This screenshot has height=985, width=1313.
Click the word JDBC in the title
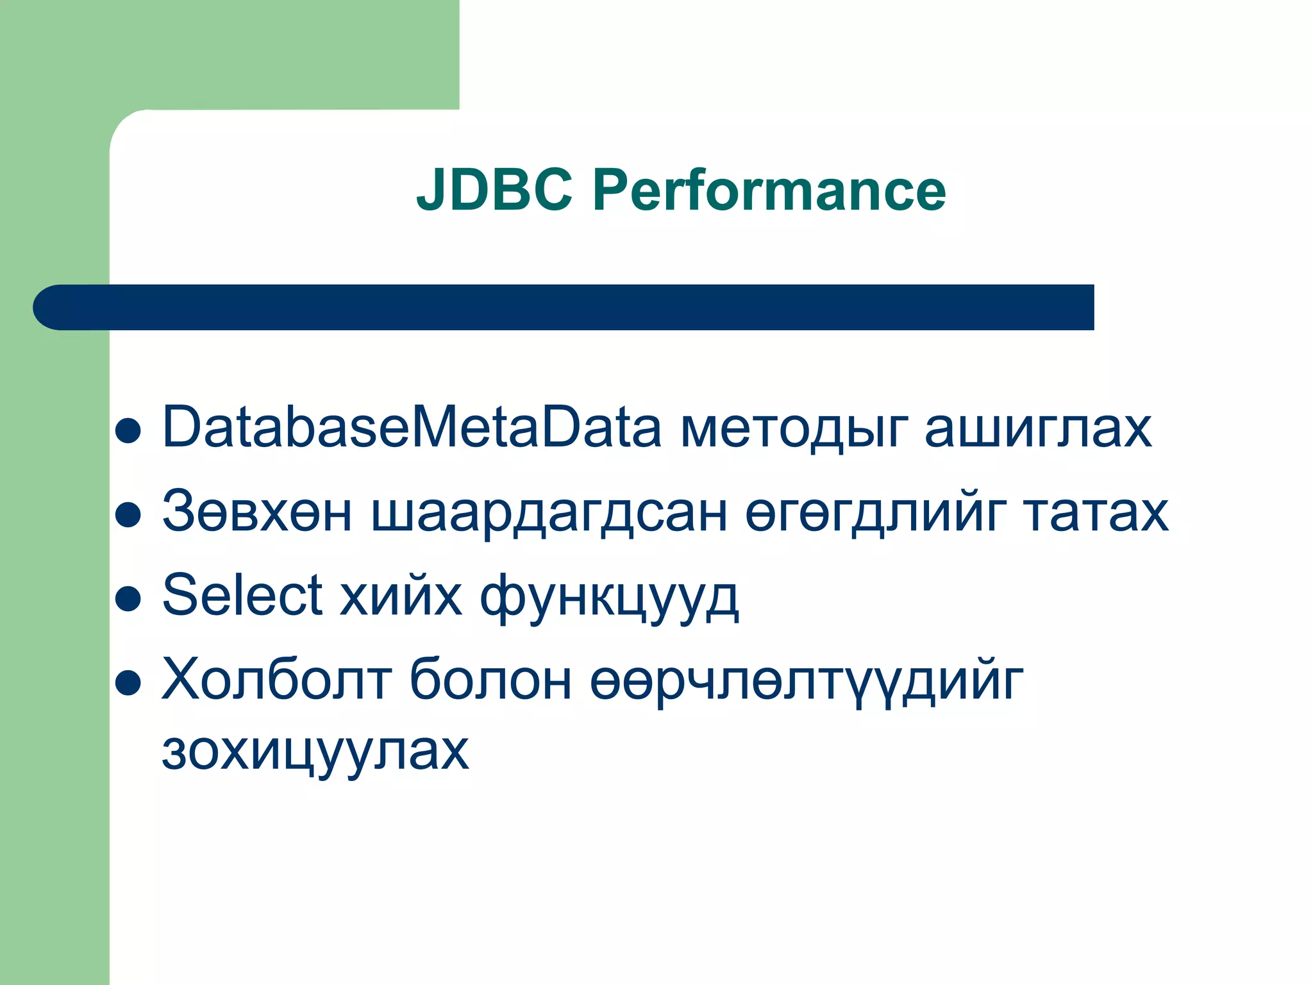[x=494, y=190]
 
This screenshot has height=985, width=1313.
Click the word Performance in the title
[x=769, y=190]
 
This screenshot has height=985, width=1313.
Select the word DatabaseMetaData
[x=412, y=428]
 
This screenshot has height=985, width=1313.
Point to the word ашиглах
[x=1038, y=428]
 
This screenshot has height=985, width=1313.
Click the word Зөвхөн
[x=257, y=512]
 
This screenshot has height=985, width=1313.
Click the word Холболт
[x=276, y=680]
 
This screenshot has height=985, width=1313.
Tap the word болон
[x=490, y=680]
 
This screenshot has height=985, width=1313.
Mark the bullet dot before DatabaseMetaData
[x=128, y=431]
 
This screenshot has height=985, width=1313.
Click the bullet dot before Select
[x=128, y=599]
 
